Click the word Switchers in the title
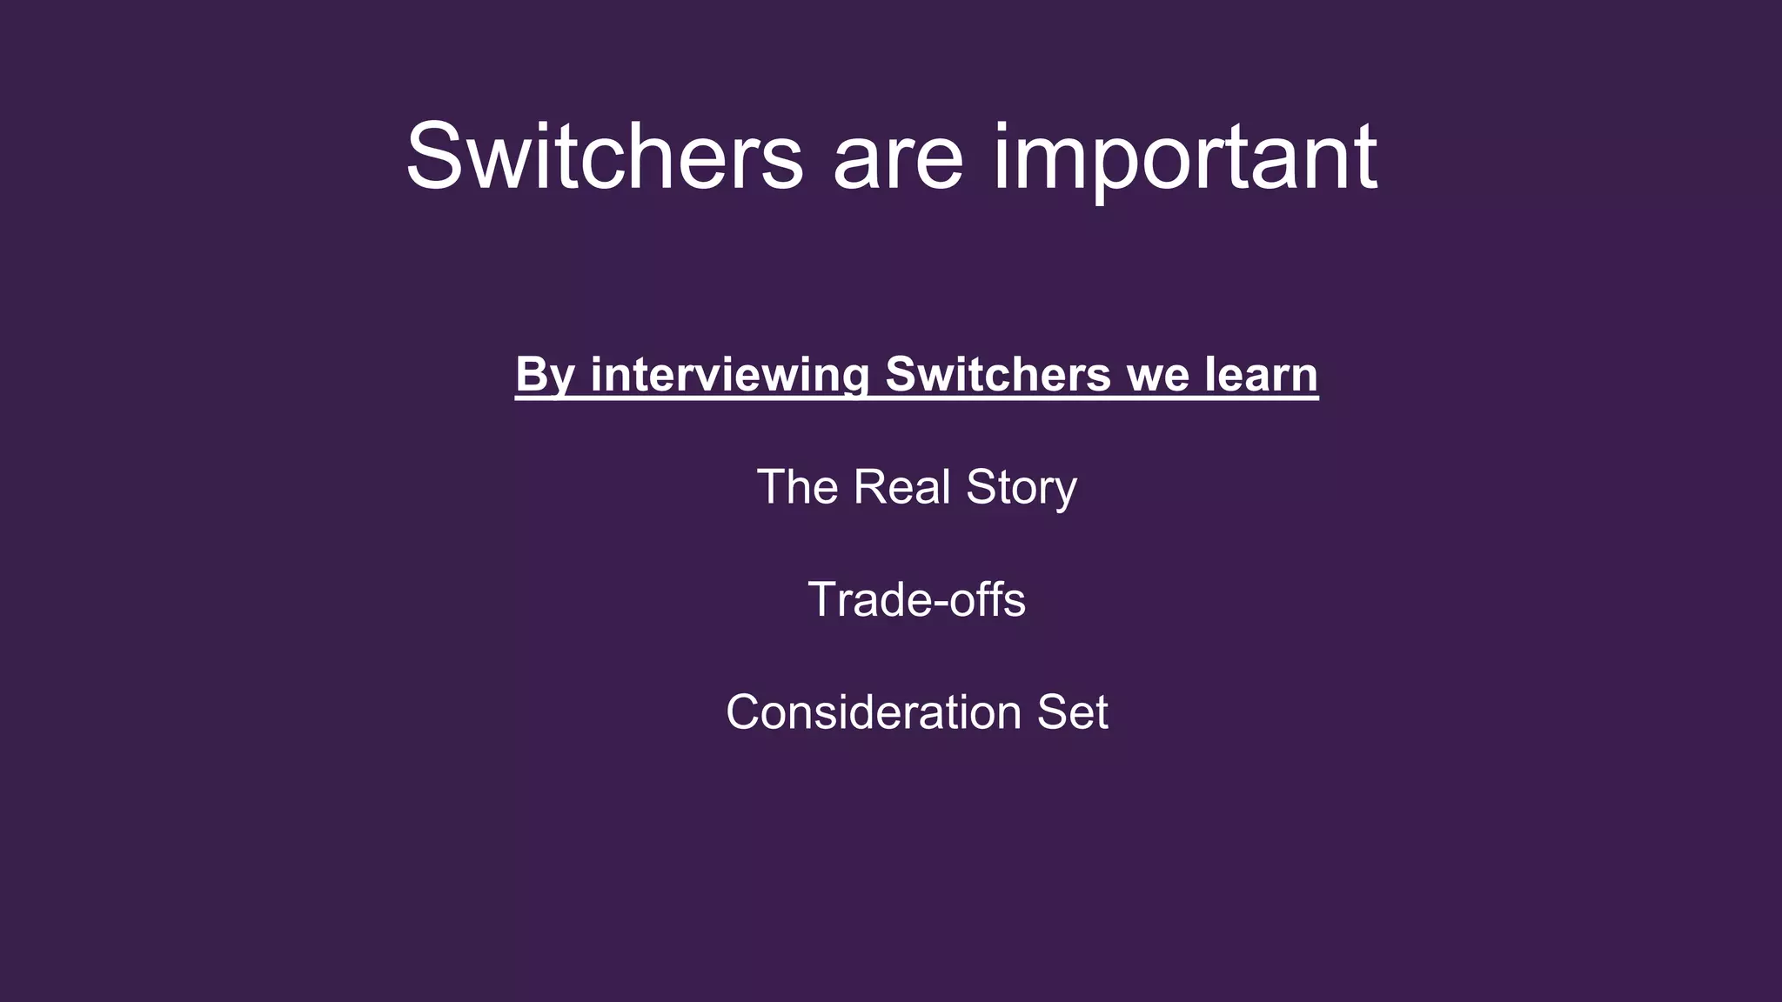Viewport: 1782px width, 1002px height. click(604, 157)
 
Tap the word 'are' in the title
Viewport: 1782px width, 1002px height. click(898, 161)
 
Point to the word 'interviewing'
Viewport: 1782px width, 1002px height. click(730, 376)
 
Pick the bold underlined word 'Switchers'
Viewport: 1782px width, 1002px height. click(997, 374)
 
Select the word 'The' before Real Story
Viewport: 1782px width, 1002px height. click(797, 487)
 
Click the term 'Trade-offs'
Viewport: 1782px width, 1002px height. click(917, 600)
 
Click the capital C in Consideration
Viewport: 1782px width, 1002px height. click(744, 713)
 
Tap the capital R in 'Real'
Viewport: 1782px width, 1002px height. click(869, 487)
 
